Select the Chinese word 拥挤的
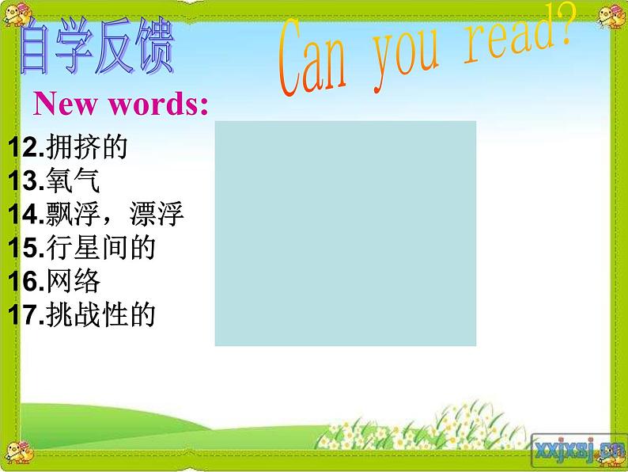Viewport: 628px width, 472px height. coord(87,147)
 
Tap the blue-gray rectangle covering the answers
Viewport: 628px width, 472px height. coord(345,233)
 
